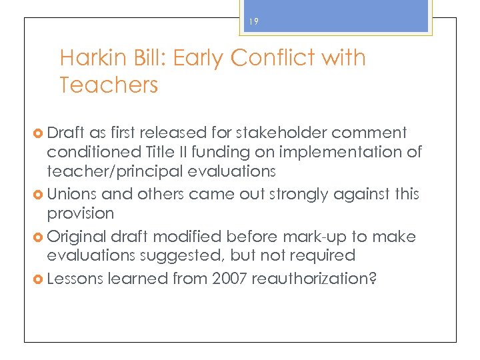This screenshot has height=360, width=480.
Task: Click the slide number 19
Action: (x=253, y=22)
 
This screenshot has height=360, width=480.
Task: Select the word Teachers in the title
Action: (x=109, y=85)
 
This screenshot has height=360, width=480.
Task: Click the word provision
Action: (x=81, y=213)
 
